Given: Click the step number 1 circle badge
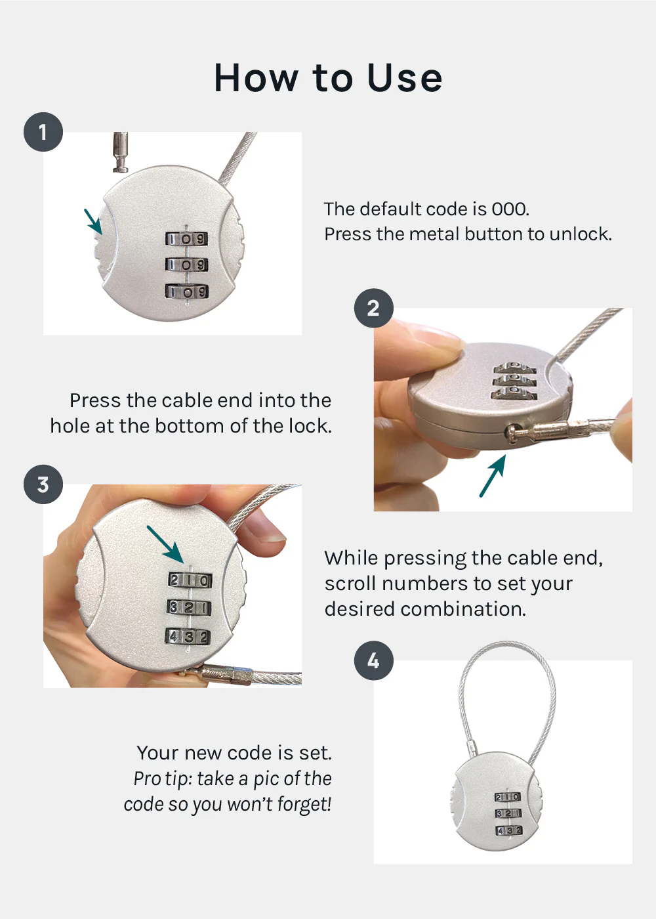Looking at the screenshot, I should pyautogui.click(x=43, y=132).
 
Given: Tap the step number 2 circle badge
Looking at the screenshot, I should pyautogui.click(x=373, y=308).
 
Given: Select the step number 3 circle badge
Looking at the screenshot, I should pyautogui.click(x=43, y=484).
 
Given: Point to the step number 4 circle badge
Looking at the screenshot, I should pyautogui.click(x=373, y=660).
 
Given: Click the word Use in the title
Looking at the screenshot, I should pyautogui.click(x=405, y=78).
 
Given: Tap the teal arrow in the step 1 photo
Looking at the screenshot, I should pyautogui.click(x=93, y=221).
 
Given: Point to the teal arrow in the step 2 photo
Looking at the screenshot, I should pyautogui.click(x=493, y=476).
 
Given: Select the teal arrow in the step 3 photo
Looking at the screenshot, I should pyautogui.click(x=165, y=544).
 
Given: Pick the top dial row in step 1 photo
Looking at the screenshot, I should pyautogui.click(x=186, y=239).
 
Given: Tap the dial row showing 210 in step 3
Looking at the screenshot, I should pyautogui.click(x=190, y=580).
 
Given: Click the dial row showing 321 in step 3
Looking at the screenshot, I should pyautogui.click(x=189, y=608).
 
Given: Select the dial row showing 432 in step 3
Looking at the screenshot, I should pyautogui.click(x=188, y=637).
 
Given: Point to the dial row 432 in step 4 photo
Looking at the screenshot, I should pyautogui.click(x=508, y=830).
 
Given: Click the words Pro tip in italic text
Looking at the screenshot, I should pyautogui.click(x=161, y=779).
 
